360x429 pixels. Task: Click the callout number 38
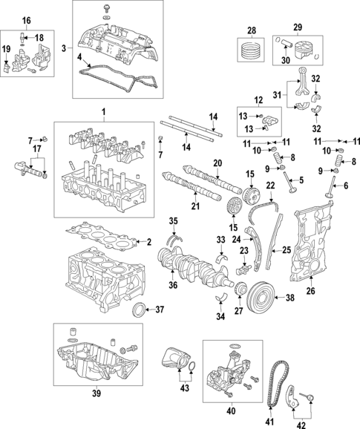289,298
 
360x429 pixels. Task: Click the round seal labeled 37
139,309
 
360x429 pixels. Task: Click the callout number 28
250,30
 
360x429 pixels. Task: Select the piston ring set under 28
250,51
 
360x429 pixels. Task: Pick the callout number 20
217,163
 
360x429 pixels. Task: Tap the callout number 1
104,111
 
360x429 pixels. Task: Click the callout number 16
27,19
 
